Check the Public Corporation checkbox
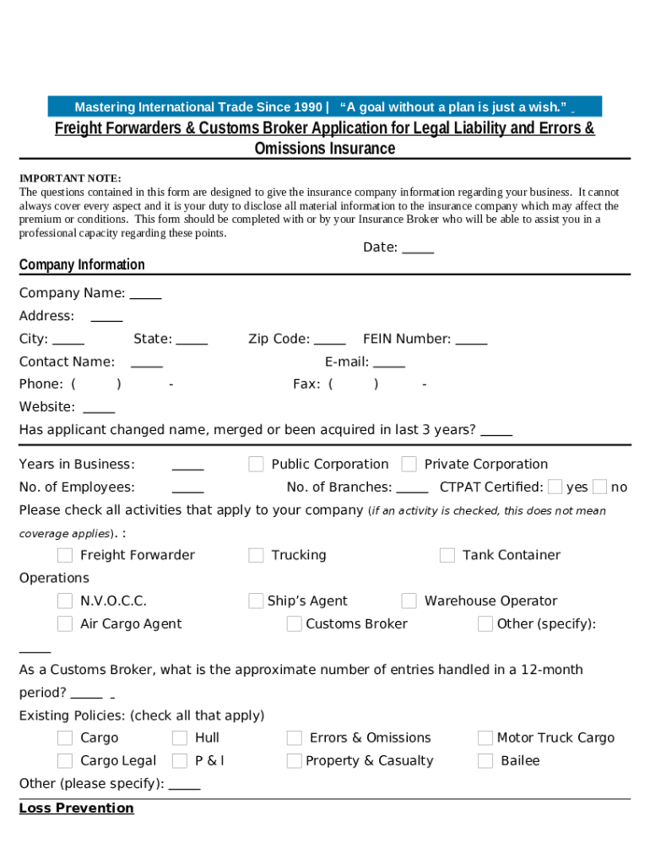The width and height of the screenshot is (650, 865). tap(256, 464)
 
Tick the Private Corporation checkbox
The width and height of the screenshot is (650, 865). tap(409, 464)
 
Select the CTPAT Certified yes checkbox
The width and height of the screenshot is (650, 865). tap(555, 487)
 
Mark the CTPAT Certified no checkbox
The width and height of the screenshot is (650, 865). tap(599, 487)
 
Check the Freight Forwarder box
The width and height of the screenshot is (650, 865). tap(65, 555)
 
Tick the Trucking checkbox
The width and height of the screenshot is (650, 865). tap(256, 555)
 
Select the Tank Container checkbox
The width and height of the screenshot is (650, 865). tap(447, 555)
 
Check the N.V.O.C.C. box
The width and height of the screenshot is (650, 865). tap(65, 601)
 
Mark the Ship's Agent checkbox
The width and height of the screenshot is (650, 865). tap(256, 601)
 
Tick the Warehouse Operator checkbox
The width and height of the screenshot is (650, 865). tap(409, 601)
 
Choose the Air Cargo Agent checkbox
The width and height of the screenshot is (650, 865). tap(65, 623)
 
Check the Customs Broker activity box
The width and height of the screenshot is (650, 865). tap(294, 623)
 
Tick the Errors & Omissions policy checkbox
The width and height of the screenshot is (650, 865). tap(294, 737)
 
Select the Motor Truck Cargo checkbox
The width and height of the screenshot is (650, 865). tap(485, 737)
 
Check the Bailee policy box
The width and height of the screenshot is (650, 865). tap(485, 760)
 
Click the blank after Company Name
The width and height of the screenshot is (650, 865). tap(145, 295)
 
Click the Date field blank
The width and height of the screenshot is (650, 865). tap(418, 248)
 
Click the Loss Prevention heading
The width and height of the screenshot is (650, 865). tap(77, 808)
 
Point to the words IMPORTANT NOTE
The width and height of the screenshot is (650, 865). tap(70, 178)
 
